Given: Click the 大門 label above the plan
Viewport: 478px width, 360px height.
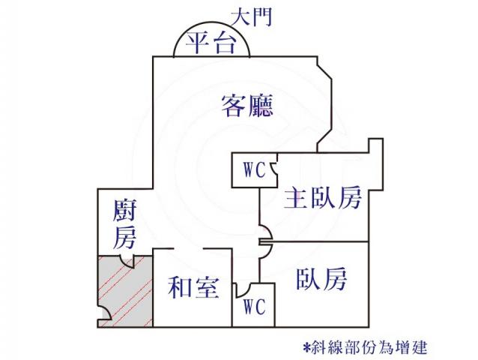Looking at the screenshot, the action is pos(251,17).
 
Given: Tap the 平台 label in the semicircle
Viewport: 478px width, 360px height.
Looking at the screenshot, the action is pos(211,43).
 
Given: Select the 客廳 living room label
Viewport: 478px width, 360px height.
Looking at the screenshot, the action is pos(246,106).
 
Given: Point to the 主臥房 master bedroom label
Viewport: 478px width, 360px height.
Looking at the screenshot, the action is pos(323,197).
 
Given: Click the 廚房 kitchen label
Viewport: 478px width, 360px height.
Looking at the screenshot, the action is pos(124,224).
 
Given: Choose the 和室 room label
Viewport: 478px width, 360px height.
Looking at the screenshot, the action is pos(193,287).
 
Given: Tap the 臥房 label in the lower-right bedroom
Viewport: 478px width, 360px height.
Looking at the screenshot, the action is pos(321,278).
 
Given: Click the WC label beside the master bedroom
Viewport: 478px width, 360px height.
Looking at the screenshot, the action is pos(255,170).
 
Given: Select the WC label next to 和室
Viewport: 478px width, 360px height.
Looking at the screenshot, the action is pos(255,307).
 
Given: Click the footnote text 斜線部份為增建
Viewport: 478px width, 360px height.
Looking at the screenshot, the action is pos(369,347).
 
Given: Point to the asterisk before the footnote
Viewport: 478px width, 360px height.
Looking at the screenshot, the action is pos(306,347).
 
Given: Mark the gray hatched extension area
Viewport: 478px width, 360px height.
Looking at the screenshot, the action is pos(125,291).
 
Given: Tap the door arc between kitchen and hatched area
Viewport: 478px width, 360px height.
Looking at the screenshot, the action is pos(126,263).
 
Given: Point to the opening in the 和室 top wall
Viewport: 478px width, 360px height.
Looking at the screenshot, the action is pos(189,249).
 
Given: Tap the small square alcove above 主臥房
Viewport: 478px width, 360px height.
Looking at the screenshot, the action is pos(375,145).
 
